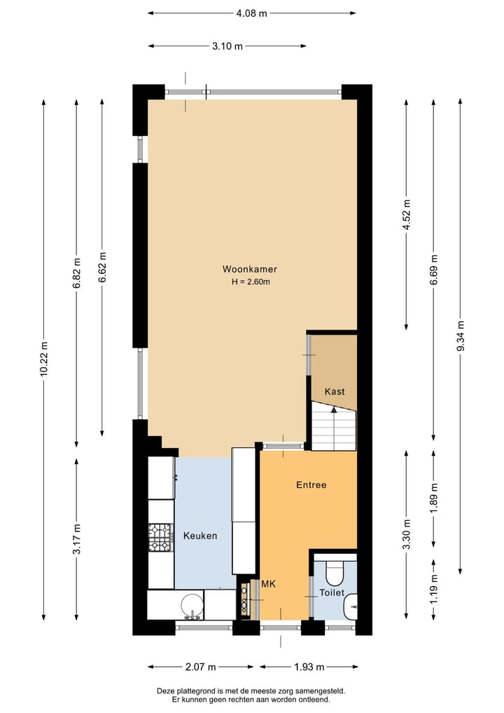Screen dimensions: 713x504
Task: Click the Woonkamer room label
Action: click(250, 269)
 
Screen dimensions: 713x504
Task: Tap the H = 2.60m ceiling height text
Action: click(251, 282)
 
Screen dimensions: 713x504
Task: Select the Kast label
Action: click(335, 391)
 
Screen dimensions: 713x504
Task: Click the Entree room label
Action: click(311, 484)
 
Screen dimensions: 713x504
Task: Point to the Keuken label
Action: click(200, 536)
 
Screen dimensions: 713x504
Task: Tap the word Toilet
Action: click(332, 592)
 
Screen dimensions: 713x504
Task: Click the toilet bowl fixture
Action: click(335, 573)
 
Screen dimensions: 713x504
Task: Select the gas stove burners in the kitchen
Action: click(160, 536)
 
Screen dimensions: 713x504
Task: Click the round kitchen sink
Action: click(191, 605)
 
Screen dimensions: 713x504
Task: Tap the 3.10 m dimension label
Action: click(227, 46)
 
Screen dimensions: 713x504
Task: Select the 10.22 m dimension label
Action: click(44, 359)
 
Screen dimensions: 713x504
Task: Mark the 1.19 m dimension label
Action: click(434, 589)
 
